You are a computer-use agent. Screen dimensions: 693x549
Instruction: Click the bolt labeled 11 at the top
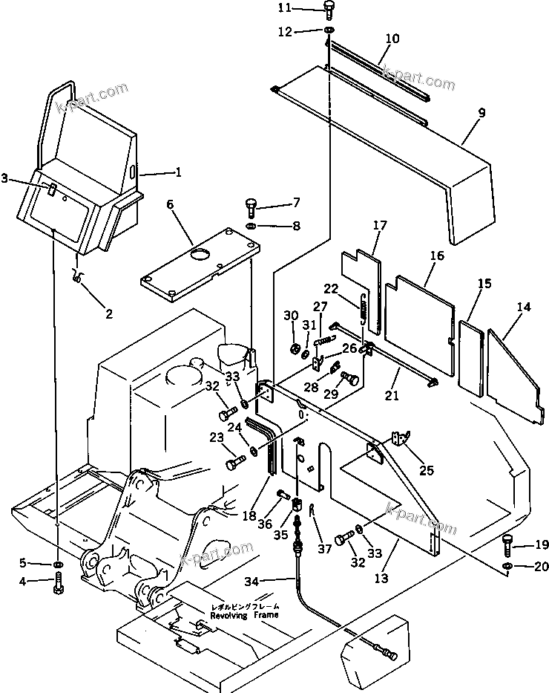point(329,9)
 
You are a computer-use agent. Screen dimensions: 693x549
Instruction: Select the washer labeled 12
point(328,30)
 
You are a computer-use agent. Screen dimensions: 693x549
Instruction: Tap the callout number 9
point(481,113)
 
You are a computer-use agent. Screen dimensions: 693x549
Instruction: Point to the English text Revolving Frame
point(244,615)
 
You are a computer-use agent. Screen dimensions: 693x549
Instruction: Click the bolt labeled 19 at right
point(508,546)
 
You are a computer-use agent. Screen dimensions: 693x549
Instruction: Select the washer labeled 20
point(507,568)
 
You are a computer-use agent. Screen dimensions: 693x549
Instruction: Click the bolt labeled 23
point(235,464)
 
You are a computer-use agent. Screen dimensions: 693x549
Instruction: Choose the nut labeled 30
point(295,349)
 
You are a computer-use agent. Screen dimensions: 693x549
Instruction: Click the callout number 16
point(436,256)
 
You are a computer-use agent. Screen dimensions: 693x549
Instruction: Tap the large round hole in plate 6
point(200,256)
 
